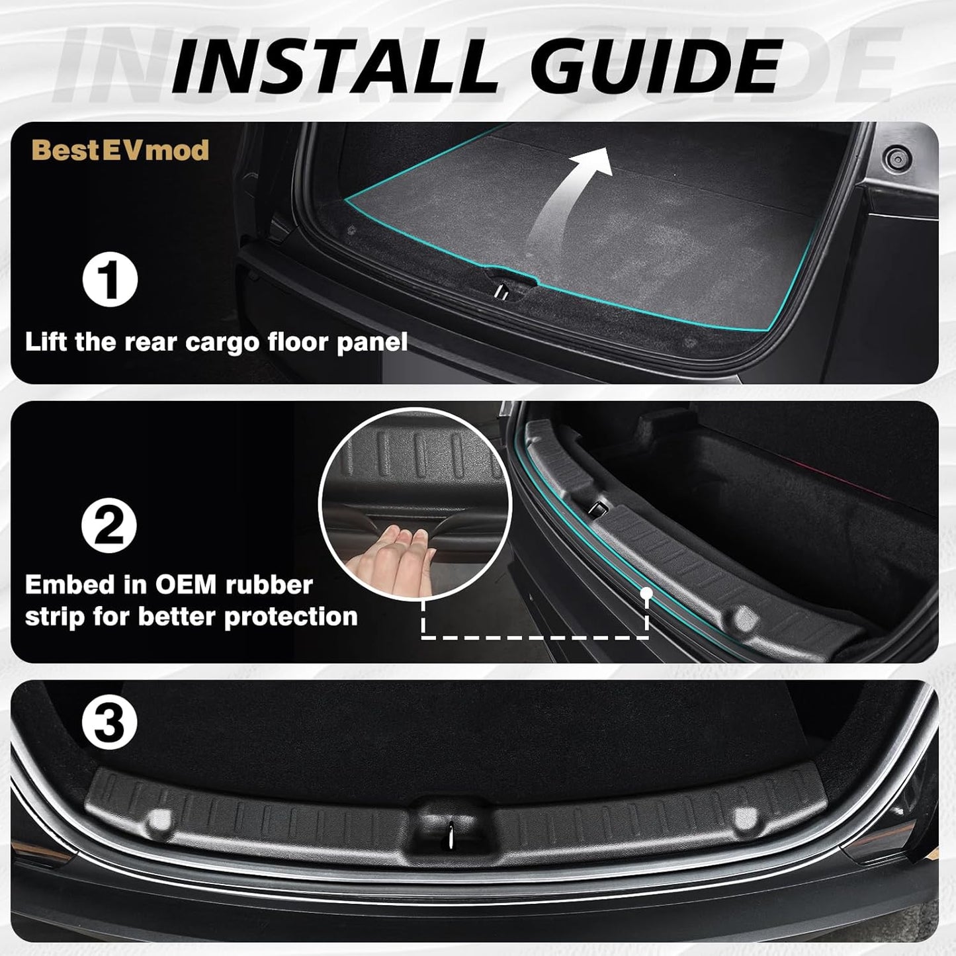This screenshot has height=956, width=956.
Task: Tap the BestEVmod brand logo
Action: (x=120, y=150)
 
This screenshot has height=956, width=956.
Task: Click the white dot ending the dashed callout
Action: (x=647, y=593)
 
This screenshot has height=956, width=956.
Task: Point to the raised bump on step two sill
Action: (x=744, y=618)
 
